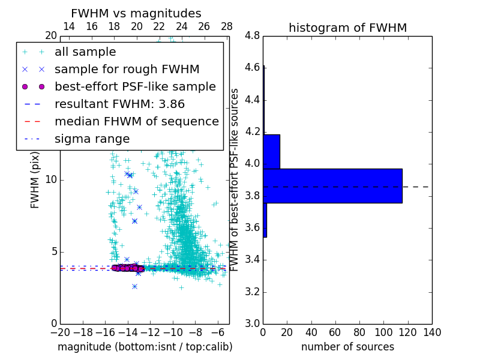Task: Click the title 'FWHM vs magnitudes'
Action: (x=136, y=13)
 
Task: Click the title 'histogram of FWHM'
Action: (x=347, y=28)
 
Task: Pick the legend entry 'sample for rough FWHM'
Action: (x=127, y=70)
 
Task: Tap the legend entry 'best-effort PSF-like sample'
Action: (x=135, y=87)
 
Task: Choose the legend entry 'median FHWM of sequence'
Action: (x=136, y=122)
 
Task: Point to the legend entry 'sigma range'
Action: (x=92, y=139)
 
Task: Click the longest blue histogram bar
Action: (x=332, y=186)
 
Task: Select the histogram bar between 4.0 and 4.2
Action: (x=271, y=151)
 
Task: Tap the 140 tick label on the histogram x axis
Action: (x=431, y=332)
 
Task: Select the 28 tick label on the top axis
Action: (x=227, y=26)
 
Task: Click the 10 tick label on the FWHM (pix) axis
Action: (x=50, y=180)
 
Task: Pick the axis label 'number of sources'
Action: (x=347, y=347)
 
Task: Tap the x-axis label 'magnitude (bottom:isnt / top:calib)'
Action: (x=145, y=347)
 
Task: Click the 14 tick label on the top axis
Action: (x=69, y=26)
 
